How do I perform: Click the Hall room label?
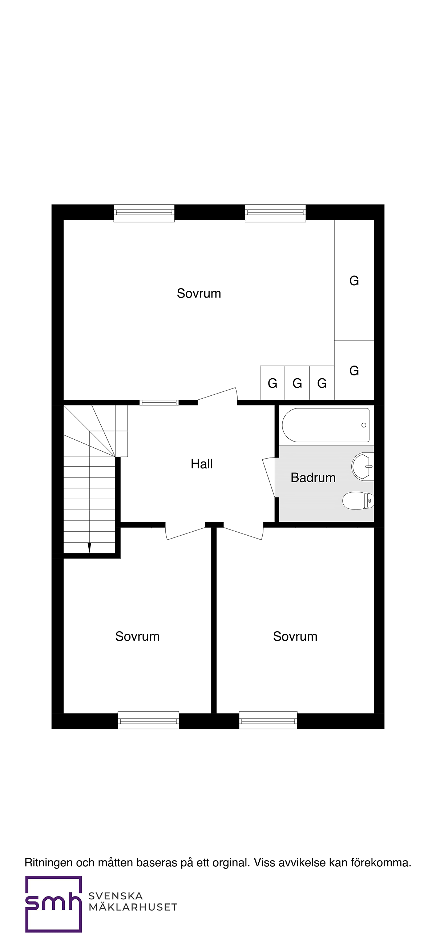point(202,464)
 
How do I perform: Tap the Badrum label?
point(313,477)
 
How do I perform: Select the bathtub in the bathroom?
point(326,425)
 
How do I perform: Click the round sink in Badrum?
point(363,467)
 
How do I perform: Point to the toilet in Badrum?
point(358,501)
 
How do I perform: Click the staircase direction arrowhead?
point(89,548)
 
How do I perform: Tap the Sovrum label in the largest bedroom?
point(199,293)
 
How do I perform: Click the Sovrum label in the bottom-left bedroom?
point(137,636)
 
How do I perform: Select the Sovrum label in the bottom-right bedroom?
point(295,636)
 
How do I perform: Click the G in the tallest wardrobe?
point(354,281)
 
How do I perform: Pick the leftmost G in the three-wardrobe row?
point(272,383)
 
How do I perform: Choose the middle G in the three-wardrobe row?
point(297,383)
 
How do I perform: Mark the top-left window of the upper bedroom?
point(144,213)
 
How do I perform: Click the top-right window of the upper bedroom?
point(275,213)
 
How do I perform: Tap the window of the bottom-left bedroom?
point(148,720)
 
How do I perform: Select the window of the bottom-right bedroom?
point(268,720)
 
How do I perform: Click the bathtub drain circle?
point(364,425)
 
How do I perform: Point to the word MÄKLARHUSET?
point(133,907)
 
